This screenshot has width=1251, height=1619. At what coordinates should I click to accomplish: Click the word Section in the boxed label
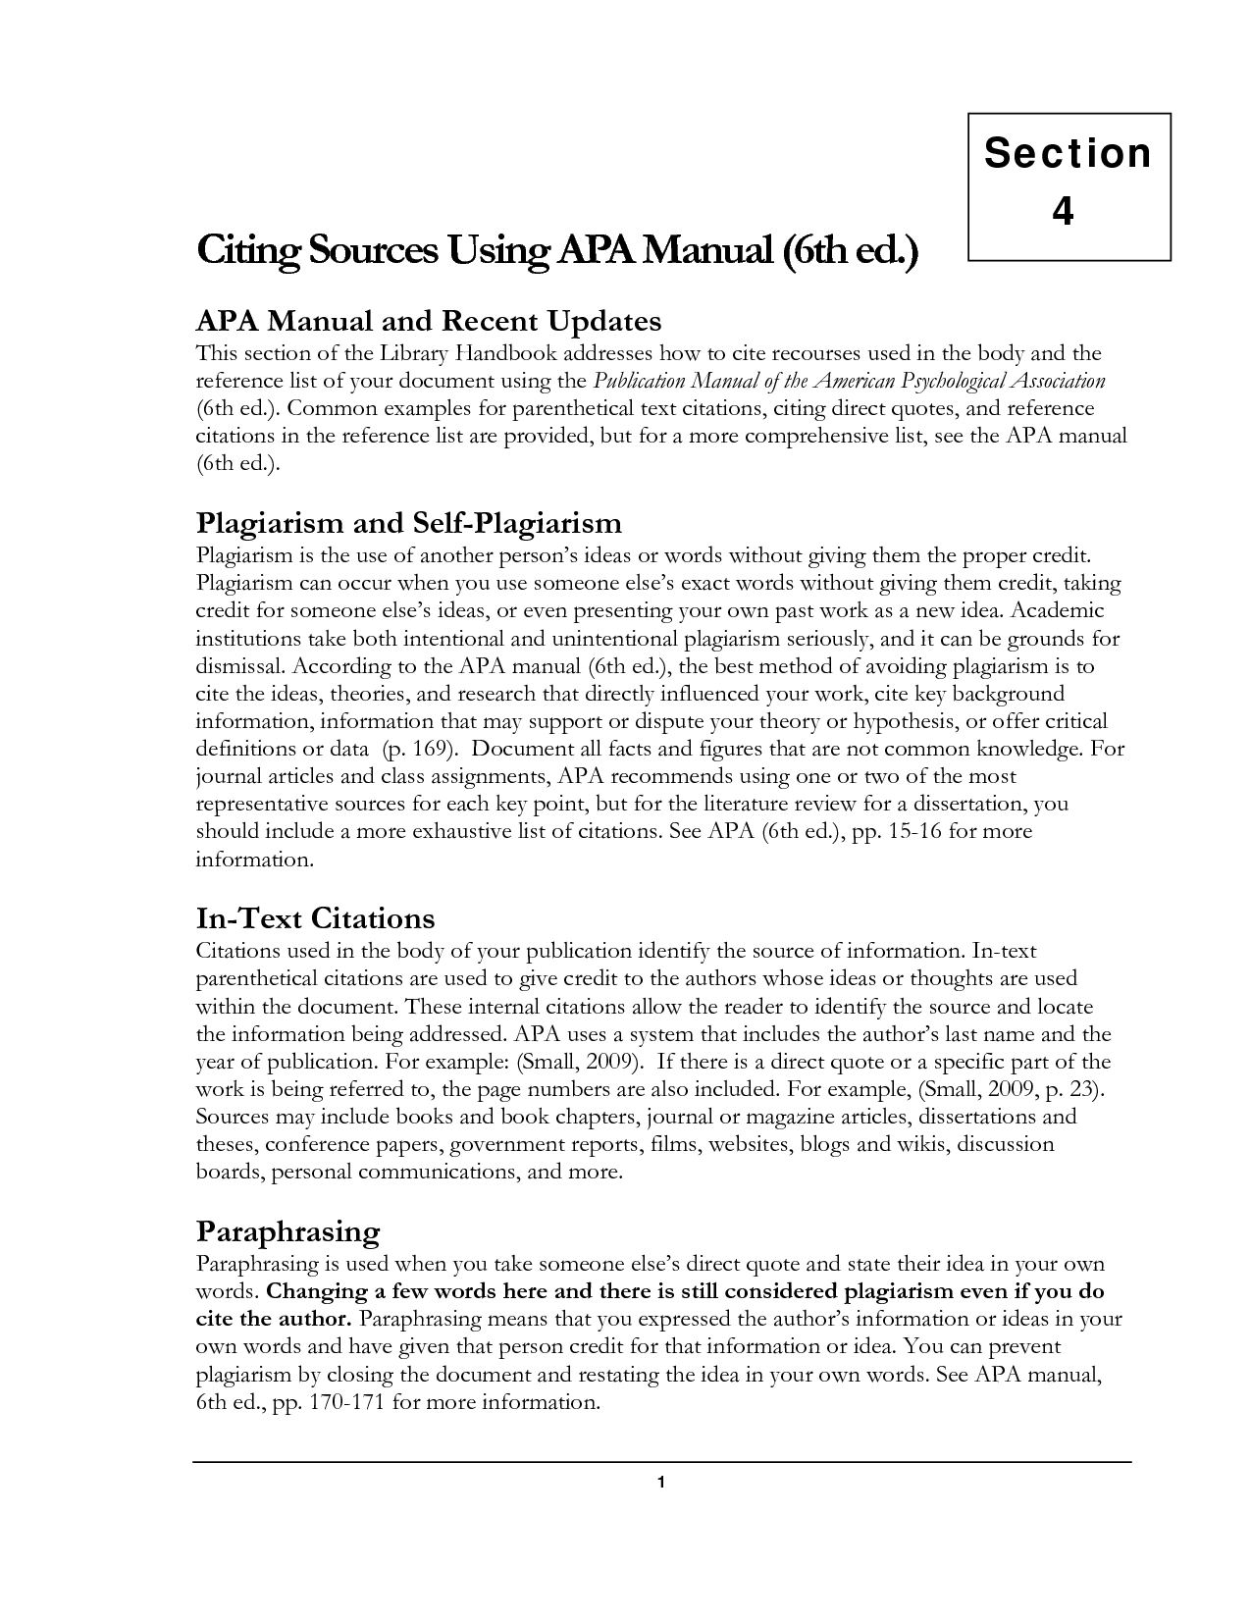click(x=1068, y=154)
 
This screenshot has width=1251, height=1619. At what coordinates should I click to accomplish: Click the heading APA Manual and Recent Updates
click(x=429, y=321)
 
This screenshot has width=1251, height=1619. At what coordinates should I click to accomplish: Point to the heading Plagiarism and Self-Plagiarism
click(x=409, y=522)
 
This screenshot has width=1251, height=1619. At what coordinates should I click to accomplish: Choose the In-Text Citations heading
click(x=315, y=918)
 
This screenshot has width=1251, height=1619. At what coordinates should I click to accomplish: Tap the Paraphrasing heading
click(x=287, y=1230)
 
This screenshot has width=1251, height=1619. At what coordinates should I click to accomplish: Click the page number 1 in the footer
click(x=661, y=1483)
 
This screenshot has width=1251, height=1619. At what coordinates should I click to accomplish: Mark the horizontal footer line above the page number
click(x=662, y=1462)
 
